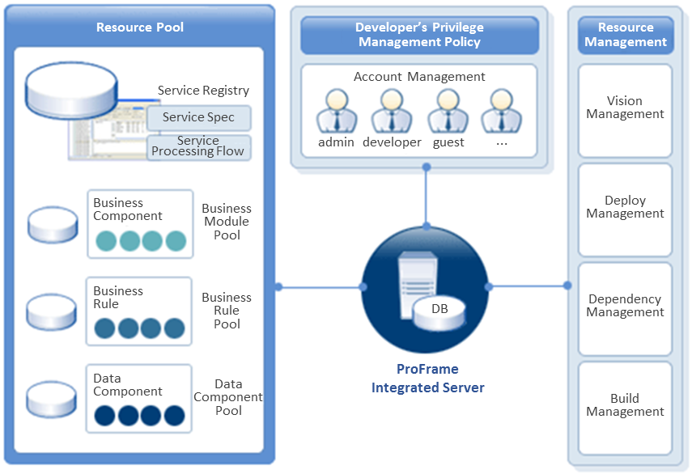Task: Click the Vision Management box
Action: [625, 108]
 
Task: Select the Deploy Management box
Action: [625, 208]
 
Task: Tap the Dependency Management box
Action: [625, 307]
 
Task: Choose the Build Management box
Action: [625, 405]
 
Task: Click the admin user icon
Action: [336, 111]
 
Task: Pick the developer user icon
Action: [392, 111]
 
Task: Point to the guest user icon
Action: [448, 111]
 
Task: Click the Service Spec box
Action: [198, 118]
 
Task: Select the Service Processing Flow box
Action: [198, 146]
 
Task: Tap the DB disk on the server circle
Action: [439, 311]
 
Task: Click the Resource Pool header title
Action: [140, 28]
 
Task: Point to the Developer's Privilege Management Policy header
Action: [419, 35]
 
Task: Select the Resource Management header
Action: [626, 35]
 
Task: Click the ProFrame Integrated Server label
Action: [427, 379]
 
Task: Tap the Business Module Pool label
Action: [227, 222]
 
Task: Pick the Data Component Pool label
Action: [228, 397]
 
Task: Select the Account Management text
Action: [419, 77]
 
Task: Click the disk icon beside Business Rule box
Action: [53, 311]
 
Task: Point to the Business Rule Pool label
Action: [227, 311]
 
